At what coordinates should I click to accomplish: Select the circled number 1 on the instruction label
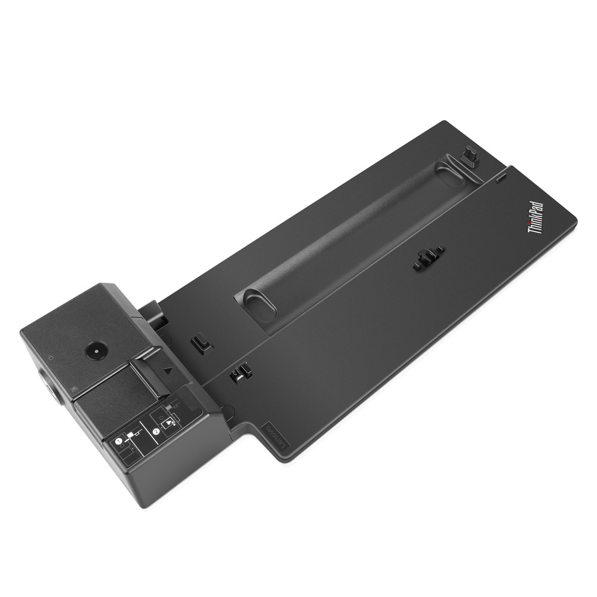tap(119, 441)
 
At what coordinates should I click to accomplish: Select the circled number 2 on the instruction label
tap(155, 429)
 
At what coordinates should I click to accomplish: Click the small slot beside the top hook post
tap(500, 178)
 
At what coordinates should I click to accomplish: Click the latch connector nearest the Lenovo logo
tap(240, 374)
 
